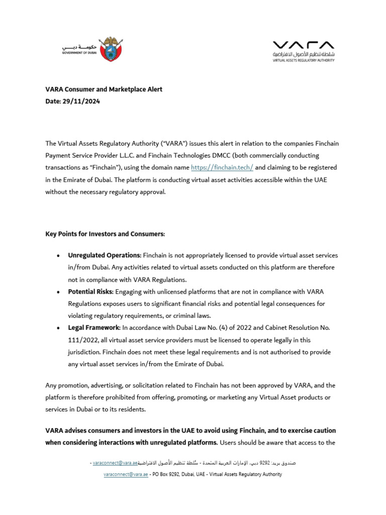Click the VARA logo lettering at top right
[x=303, y=45]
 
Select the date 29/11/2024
[x=82, y=101]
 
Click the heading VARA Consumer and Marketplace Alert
[x=104, y=90]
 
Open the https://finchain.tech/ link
[x=222, y=167]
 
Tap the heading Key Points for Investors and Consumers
[x=105, y=234]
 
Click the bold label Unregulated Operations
[x=105, y=255]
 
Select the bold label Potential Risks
[x=90, y=292]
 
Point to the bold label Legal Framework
[x=94, y=328]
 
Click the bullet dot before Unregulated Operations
[x=59, y=256]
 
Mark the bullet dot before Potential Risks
[x=59, y=292]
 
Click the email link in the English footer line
[x=126, y=474]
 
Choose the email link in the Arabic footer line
[x=115, y=462]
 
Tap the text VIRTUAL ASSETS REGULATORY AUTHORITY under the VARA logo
[x=303, y=60]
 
